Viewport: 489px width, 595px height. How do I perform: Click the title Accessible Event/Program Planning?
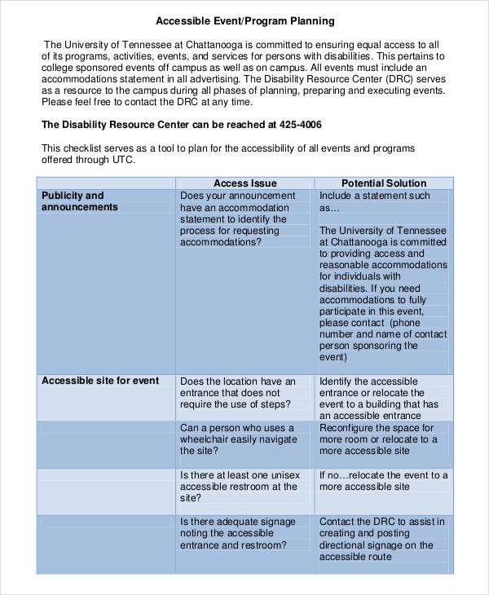click(x=244, y=20)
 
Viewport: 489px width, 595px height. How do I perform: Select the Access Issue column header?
click(x=244, y=183)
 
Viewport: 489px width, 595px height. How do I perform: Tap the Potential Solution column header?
click(x=383, y=183)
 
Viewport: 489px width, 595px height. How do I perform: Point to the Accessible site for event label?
click(x=100, y=381)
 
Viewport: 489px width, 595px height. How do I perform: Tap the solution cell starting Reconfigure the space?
click(x=383, y=439)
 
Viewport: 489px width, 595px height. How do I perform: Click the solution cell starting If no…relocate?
click(x=383, y=481)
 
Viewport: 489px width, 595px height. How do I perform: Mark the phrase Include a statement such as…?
click(x=374, y=201)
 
